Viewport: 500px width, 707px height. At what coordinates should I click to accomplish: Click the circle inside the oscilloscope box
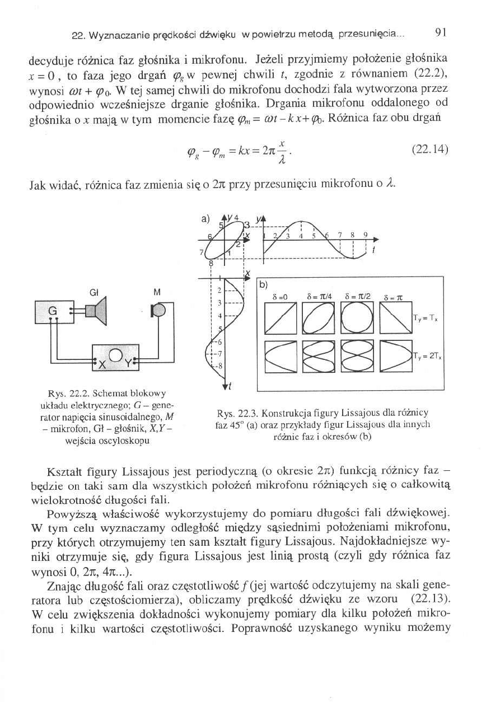[115, 355]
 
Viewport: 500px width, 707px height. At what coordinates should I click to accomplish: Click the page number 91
[441, 32]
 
